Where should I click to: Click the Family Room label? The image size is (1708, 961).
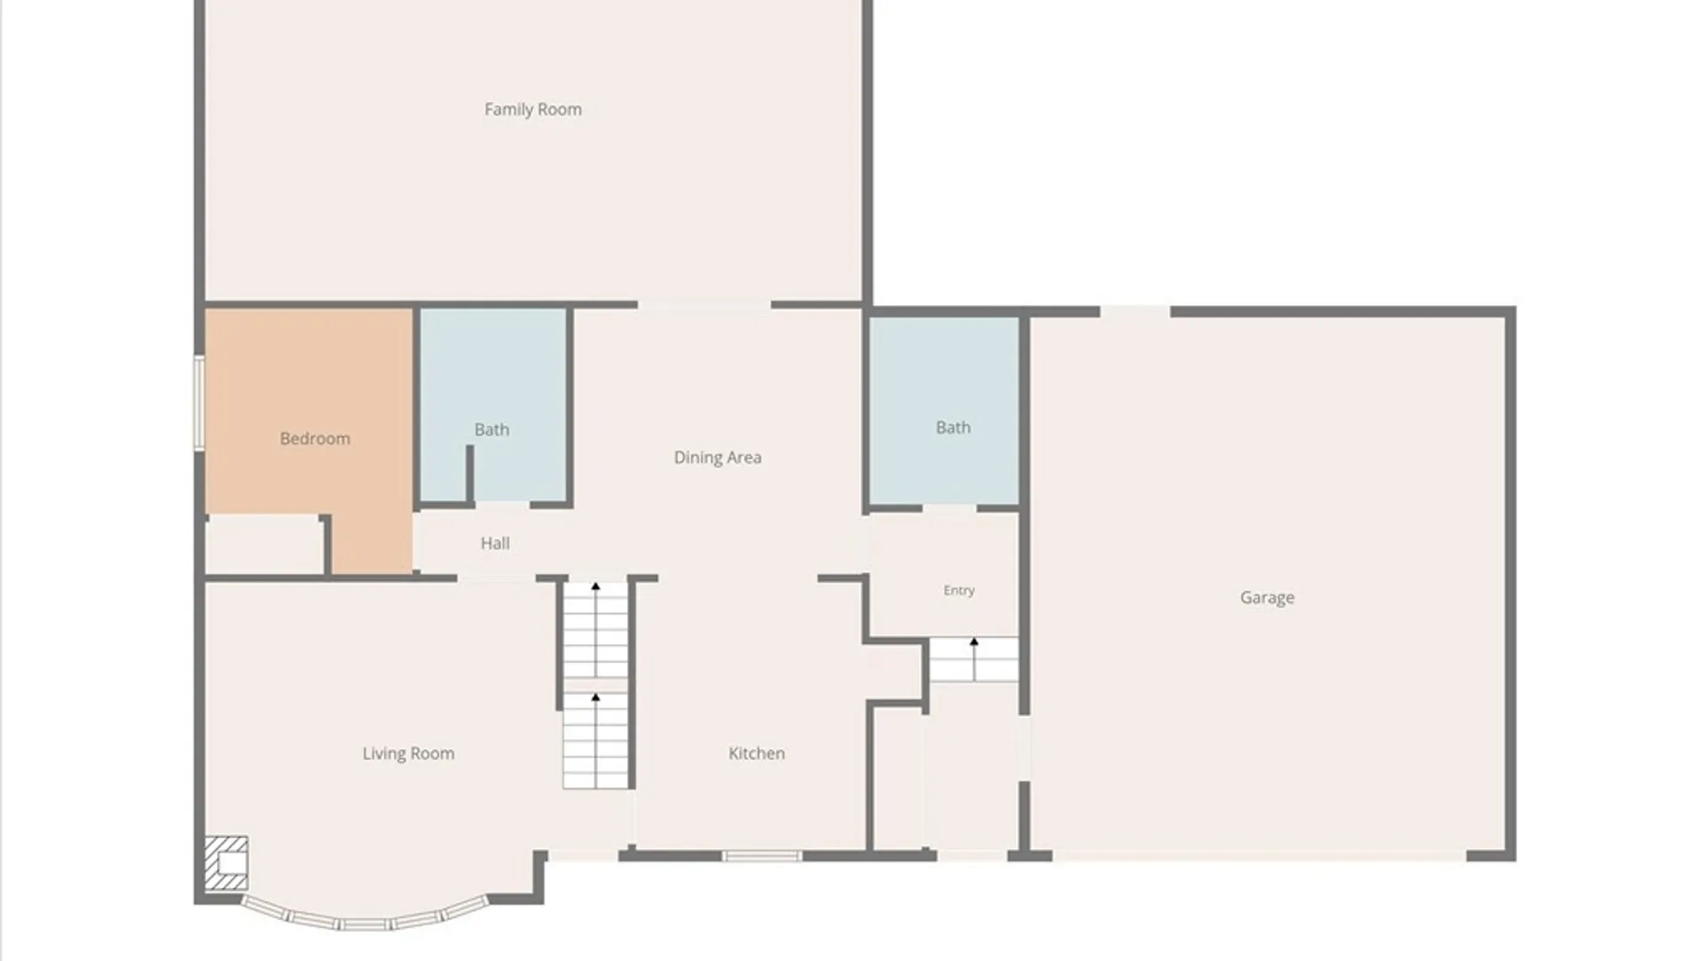(533, 109)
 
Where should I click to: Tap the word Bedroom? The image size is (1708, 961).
(315, 439)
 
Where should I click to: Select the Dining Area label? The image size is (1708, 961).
(717, 457)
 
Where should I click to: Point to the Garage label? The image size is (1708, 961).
(1267, 598)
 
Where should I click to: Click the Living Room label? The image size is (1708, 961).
(408, 754)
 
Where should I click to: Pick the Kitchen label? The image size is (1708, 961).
(756, 754)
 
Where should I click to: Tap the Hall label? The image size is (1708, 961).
(495, 544)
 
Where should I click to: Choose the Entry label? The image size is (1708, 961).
(959, 591)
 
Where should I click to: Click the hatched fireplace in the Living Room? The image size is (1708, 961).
(226, 863)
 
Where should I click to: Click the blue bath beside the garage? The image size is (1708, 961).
(944, 411)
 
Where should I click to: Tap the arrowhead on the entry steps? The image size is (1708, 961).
(974, 642)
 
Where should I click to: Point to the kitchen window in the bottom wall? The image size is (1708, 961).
(761, 856)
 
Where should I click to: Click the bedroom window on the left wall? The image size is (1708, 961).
(199, 402)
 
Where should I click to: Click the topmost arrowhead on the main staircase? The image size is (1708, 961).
(596, 586)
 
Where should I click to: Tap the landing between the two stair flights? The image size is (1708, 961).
(595, 685)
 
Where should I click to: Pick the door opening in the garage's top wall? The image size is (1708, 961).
(1135, 311)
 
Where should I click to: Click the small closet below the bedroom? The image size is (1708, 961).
(264, 545)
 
